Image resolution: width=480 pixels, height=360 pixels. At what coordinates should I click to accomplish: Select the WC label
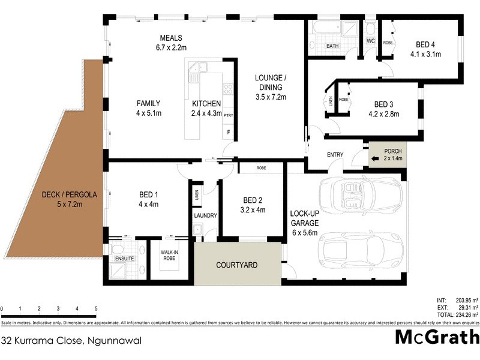tap(370, 41)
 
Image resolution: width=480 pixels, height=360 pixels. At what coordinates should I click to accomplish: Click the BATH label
tap(332, 46)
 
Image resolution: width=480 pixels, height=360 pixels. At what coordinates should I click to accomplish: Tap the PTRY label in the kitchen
tap(229, 115)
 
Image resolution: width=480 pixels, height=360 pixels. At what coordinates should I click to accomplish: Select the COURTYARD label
tap(236, 264)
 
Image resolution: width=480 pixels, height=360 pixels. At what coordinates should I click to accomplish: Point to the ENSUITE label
tap(125, 259)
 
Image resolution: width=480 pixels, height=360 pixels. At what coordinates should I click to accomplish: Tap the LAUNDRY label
tap(205, 215)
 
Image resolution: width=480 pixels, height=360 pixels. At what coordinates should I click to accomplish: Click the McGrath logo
tap(437, 337)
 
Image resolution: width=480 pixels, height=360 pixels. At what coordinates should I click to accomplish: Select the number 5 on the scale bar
tap(96, 309)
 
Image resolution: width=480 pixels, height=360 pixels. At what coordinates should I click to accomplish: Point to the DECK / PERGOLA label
tap(70, 194)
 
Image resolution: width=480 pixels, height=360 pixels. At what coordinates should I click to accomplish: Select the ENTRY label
tap(335, 155)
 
